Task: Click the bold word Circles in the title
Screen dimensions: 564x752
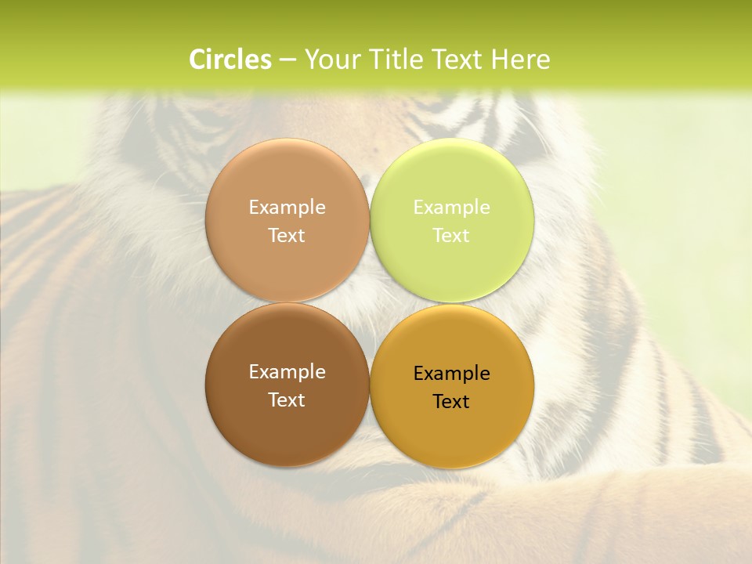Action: click(x=230, y=60)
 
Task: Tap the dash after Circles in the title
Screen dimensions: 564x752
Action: click(x=287, y=60)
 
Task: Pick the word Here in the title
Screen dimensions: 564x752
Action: click(x=520, y=60)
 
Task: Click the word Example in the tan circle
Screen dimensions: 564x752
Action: click(x=287, y=208)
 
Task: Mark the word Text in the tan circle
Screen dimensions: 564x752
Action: click(x=287, y=235)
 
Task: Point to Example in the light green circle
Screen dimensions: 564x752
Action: click(x=452, y=208)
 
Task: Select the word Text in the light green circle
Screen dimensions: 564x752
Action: click(x=452, y=235)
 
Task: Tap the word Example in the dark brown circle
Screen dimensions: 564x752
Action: click(x=287, y=372)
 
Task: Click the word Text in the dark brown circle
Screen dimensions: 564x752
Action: click(x=287, y=399)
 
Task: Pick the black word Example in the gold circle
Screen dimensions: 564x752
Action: click(x=452, y=374)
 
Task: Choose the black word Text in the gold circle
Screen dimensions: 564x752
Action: click(x=452, y=401)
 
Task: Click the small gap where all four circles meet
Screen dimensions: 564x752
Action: click(x=370, y=303)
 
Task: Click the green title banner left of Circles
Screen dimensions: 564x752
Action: click(x=94, y=60)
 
